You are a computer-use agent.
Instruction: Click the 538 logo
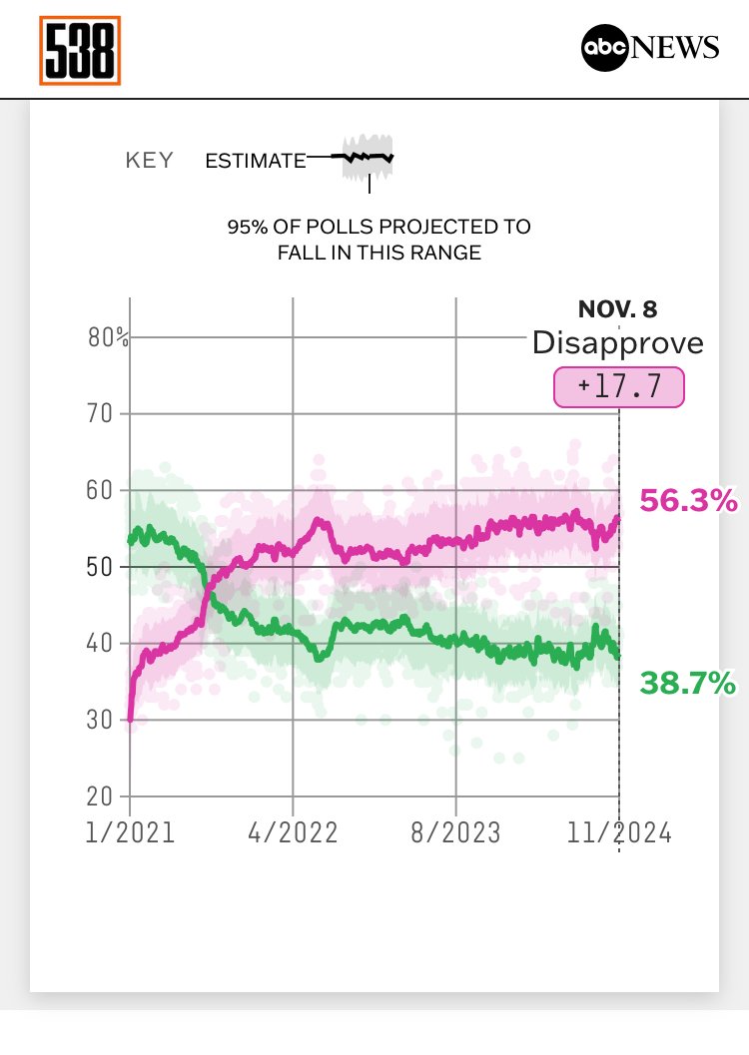pyautogui.click(x=80, y=50)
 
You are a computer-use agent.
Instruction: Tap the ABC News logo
pyautogui.click(x=650, y=48)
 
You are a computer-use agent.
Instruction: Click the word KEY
pyautogui.click(x=149, y=161)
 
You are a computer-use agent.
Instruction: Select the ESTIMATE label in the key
pyautogui.click(x=255, y=161)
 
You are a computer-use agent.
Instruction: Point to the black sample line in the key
pyautogui.click(x=364, y=157)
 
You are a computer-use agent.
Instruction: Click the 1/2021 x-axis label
pyautogui.click(x=130, y=833)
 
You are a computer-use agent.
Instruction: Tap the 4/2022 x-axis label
pyautogui.click(x=293, y=833)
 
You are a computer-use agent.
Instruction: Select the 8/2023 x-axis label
pyautogui.click(x=455, y=833)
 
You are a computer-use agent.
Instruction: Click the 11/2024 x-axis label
pyautogui.click(x=619, y=833)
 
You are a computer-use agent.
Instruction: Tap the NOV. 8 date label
pyautogui.click(x=618, y=309)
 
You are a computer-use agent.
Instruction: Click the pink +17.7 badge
pyautogui.click(x=619, y=386)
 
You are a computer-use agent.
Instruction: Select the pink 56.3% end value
pyautogui.click(x=688, y=501)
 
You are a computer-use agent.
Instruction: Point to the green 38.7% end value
pyautogui.click(x=688, y=684)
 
